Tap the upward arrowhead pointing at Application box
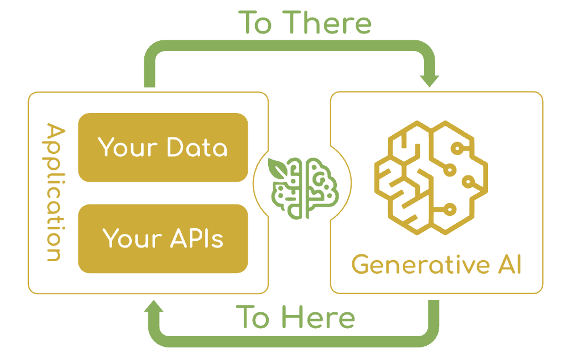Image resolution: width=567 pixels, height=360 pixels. tap(154, 309)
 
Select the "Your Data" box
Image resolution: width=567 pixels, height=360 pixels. tap(163, 147)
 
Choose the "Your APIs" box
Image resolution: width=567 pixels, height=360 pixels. tap(163, 238)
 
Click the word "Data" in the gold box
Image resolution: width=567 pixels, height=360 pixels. tap(197, 147)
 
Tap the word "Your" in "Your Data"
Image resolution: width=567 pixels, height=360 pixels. tap(128, 147)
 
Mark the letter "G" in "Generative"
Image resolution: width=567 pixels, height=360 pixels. tap(360, 265)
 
